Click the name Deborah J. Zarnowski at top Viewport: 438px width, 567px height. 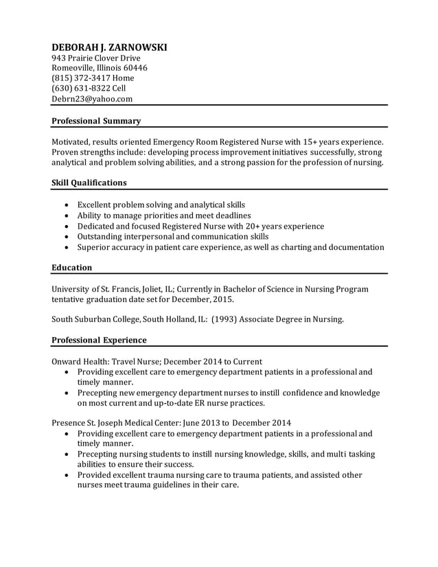(109, 47)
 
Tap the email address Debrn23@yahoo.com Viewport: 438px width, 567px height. (92, 99)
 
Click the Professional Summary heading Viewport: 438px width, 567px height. (96, 121)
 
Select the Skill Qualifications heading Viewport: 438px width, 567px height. (89, 183)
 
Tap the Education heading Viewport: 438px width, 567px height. (72, 267)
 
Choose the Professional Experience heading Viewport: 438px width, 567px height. (99, 340)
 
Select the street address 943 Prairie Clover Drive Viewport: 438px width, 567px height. (96, 58)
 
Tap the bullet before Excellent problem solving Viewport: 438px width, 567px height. (66, 205)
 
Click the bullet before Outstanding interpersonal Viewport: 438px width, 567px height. (66, 237)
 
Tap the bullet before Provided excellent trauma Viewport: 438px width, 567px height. (66, 475)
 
